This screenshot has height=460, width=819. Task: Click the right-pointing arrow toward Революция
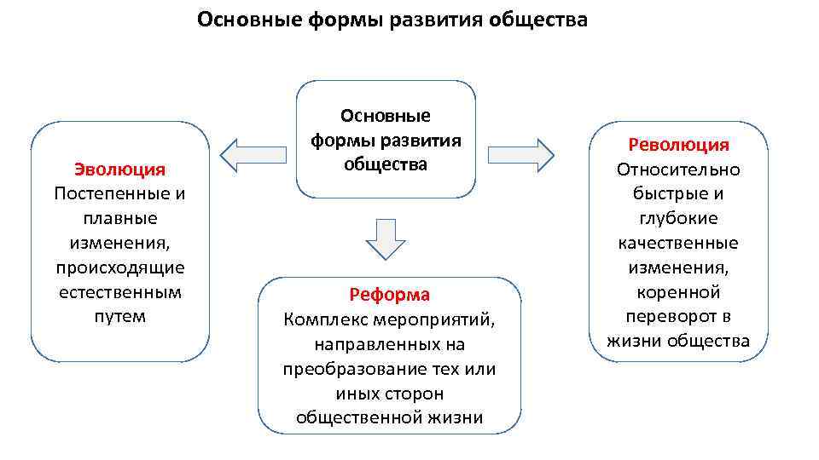tap(521, 154)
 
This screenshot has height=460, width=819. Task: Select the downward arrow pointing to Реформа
tap(386, 239)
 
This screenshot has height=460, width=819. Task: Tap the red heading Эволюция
tap(119, 169)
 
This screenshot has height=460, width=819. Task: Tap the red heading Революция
tap(679, 145)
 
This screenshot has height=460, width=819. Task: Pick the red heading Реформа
tap(389, 295)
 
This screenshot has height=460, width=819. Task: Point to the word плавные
tap(119, 218)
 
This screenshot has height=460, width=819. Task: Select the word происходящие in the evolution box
tap(119, 267)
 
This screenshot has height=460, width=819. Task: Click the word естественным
tap(119, 292)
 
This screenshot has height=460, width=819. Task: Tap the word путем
tap(119, 317)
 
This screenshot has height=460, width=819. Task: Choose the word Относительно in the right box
tap(679, 170)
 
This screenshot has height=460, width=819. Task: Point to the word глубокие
tap(679, 219)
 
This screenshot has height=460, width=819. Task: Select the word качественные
tap(679, 244)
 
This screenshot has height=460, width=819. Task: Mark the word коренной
tap(679, 292)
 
